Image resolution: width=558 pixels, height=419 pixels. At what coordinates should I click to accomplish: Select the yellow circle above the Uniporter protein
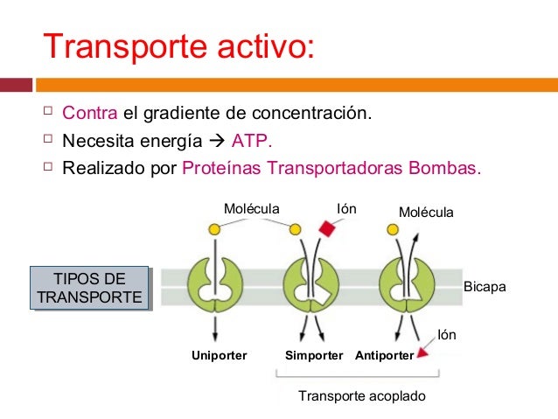point(214,228)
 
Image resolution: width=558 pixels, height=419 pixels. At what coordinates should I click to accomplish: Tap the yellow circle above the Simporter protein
point(296,229)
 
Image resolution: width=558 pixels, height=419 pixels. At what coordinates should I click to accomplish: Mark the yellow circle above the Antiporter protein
point(393,229)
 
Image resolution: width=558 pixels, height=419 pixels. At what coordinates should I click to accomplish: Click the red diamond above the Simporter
point(327,228)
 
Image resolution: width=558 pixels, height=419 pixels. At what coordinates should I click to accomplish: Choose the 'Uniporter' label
point(219,356)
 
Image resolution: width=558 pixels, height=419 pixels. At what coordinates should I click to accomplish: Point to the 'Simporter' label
point(314,356)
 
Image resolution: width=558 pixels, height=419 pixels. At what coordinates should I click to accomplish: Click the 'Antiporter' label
point(384,356)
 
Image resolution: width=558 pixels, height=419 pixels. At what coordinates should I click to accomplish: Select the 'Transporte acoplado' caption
point(361,396)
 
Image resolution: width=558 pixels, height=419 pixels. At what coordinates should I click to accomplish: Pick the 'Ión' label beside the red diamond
point(347,209)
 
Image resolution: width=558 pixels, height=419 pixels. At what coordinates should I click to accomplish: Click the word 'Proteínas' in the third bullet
point(222,168)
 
